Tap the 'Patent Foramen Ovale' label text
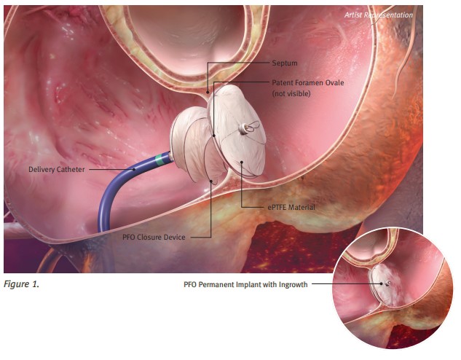coord(308,83)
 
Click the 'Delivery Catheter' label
coord(56,170)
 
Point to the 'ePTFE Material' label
coord(291,208)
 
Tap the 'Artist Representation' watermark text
coord(379,15)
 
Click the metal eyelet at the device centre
coord(246,129)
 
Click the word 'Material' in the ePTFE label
coord(301,208)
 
